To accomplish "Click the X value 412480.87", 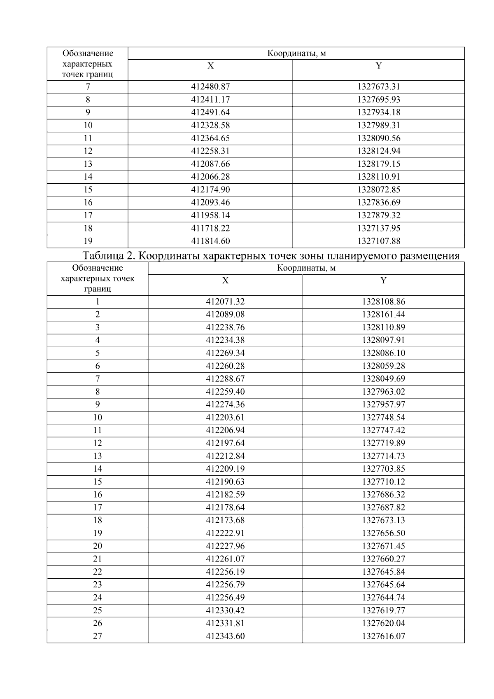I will tap(210, 87).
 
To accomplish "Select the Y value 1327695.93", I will tap(378, 100).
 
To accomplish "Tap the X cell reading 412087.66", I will tap(210, 164).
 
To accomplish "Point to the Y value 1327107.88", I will tap(378, 241).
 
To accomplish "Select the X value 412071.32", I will tap(225, 302).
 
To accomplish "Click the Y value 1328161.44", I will tap(383, 314).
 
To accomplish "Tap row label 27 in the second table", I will tap(98, 636).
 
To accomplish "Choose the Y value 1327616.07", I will tap(383, 636).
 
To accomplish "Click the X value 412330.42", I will tap(225, 610).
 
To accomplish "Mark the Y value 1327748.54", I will tap(383, 417).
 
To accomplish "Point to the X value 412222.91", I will tap(225, 533).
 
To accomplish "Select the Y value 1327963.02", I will tap(383, 392).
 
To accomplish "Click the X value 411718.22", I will tap(210, 228).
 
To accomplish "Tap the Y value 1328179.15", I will tap(378, 164).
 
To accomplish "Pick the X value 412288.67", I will tap(225, 379).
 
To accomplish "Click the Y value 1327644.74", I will tap(383, 597).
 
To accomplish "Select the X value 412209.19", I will tap(225, 469).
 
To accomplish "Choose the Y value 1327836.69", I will tap(378, 202).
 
